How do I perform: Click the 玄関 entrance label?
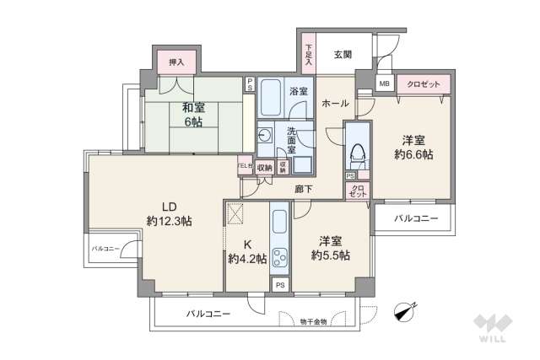coord(343,55)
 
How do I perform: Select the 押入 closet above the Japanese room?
coord(176,62)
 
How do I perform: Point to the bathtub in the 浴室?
coord(272,99)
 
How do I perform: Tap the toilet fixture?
coord(358,152)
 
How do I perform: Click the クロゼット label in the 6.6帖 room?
coord(423,83)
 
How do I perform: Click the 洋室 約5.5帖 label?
coord(328,247)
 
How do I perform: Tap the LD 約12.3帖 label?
coord(169,214)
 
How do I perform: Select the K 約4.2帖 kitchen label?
coord(247,252)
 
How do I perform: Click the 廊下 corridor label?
coord(303,189)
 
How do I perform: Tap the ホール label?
coord(336,104)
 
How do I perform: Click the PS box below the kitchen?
coord(280,285)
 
